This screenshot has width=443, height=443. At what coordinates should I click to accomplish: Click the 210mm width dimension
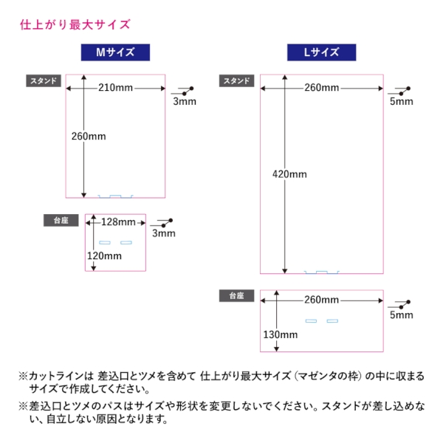(115, 88)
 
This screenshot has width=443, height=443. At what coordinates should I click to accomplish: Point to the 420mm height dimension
(289, 174)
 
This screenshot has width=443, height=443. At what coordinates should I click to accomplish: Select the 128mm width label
(118, 222)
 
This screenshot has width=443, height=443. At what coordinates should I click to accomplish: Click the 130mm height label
(280, 334)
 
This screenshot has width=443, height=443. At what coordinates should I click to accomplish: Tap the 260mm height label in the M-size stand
(89, 136)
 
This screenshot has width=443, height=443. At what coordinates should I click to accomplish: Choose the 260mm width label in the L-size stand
(321, 88)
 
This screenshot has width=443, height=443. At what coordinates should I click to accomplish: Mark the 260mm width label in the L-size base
(321, 300)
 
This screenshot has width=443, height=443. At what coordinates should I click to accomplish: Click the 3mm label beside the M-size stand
(185, 102)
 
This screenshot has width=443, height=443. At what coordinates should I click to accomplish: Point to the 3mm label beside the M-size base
(163, 233)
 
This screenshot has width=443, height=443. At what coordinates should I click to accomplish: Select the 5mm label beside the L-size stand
(402, 102)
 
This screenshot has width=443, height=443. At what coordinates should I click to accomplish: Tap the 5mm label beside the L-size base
(402, 315)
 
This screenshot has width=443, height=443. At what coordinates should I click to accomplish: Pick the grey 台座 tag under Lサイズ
(236, 295)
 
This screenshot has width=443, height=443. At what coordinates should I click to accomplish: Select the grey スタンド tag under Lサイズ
(236, 80)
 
